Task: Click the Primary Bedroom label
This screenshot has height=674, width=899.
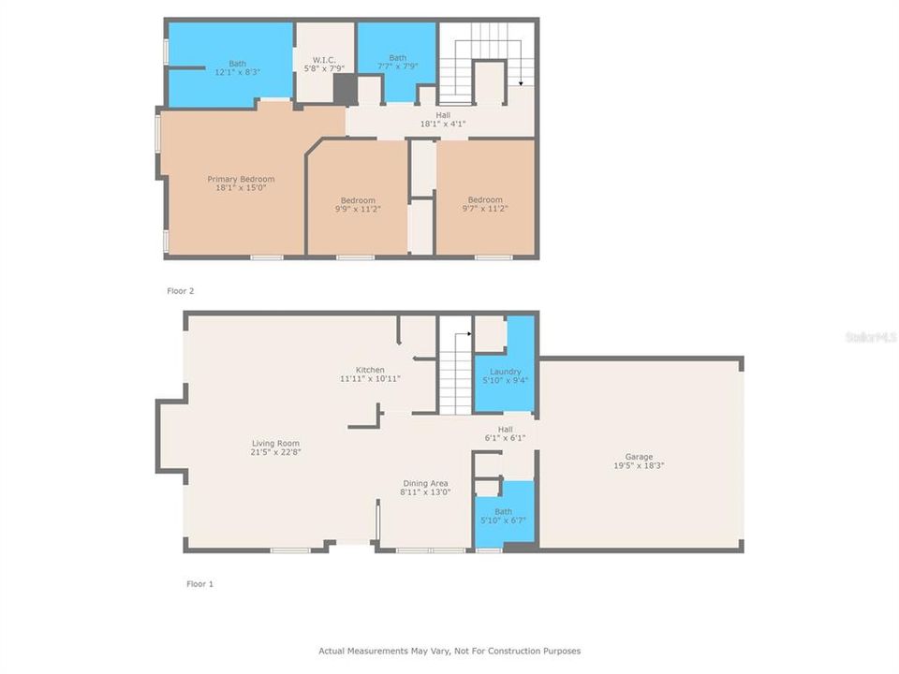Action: click(241, 179)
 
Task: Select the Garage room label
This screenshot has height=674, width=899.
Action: click(639, 457)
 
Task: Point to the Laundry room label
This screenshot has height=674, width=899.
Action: click(505, 372)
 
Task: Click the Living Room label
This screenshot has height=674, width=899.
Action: click(275, 444)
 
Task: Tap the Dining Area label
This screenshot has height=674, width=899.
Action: click(425, 483)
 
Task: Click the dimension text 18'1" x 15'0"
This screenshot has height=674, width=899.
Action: click(241, 188)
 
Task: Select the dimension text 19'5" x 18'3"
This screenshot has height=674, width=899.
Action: click(639, 465)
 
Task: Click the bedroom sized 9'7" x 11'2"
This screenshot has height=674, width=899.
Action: click(485, 204)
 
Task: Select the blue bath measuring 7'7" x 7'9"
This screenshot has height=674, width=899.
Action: click(398, 62)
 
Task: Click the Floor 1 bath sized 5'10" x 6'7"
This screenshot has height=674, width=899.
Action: click(504, 516)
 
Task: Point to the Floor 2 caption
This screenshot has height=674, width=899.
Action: click(181, 291)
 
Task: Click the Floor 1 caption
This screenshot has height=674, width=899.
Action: click(199, 584)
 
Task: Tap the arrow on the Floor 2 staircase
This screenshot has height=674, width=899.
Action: click(521, 82)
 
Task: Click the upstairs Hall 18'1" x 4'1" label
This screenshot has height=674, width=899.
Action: click(443, 119)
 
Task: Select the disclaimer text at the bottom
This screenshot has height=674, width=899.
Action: click(449, 651)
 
